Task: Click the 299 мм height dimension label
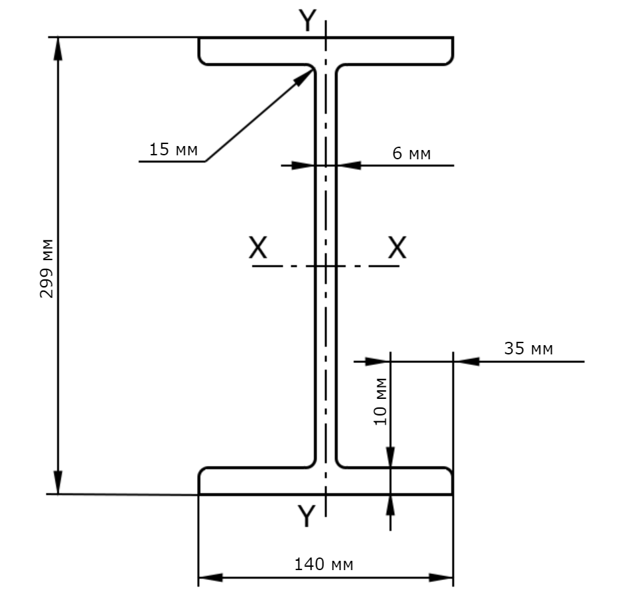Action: pyautogui.click(x=46, y=269)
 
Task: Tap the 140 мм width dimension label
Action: pyautogui.click(x=323, y=564)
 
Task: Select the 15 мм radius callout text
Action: pyautogui.click(x=173, y=149)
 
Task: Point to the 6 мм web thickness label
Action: pyautogui.click(x=411, y=153)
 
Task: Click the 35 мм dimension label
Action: pyautogui.click(x=529, y=348)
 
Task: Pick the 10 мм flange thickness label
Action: pyautogui.click(x=380, y=402)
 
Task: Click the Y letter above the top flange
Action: pyautogui.click(x=307, y=21)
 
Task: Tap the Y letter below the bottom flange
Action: pyautogui.click(x=307, y=516)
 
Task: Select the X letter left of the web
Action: pyautogui.click(x=258, y=247)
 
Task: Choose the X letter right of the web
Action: pyautogui.click(x=397, y=247)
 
